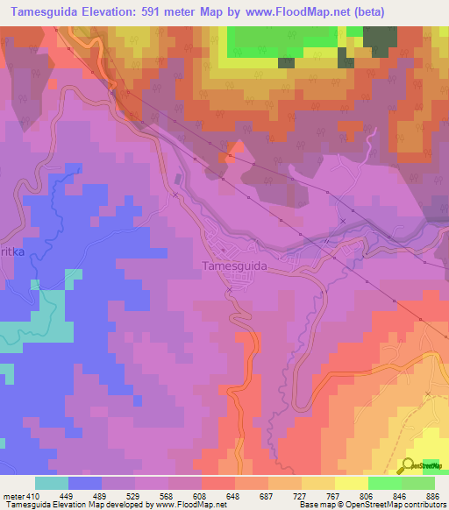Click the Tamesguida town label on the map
pos(234,264)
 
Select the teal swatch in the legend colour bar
pos(51,483)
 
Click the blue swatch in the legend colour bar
pos(84,483)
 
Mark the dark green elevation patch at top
pos(378,39)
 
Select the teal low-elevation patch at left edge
pos(35,332)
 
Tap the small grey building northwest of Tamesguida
pos(179,180)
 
